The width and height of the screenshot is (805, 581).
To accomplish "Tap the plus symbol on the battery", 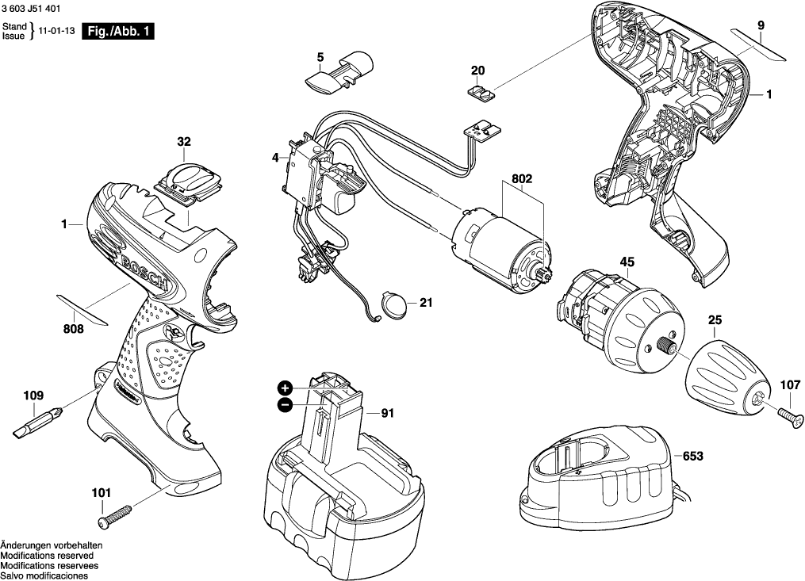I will point(285,388).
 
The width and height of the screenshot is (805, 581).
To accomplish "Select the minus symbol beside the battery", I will point(285,405).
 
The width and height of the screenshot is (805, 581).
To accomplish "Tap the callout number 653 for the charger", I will point(693,457).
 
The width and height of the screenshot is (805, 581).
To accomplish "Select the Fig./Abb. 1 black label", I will point(119,32).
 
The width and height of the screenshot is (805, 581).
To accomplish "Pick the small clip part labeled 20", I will point(478,93).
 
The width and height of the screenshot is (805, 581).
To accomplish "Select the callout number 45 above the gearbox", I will point(627,262).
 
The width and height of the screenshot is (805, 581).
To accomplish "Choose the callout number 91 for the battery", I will point(387,413).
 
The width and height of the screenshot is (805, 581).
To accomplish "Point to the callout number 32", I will point(184,143).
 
